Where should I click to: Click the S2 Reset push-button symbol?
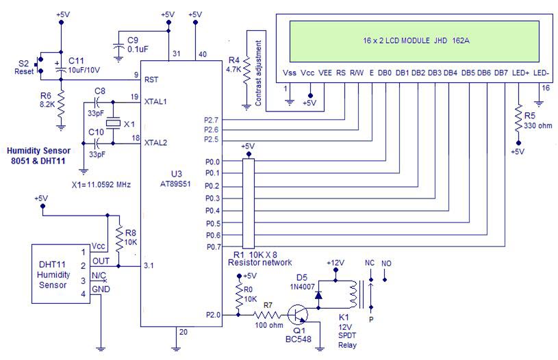click(39, 65)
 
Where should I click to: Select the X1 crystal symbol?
click(113, 123)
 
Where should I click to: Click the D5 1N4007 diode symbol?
click(318, 295)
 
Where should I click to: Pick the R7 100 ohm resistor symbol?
click(268, 315)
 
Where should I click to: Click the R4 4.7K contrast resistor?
click(246, 70)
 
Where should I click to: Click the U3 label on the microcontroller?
click(177, 174)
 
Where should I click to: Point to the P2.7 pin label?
click(211, 120)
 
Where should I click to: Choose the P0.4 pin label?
click(212, 211)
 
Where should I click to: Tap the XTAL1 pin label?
click(155, 101)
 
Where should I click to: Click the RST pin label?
click(151, 79)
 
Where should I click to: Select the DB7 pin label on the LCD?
click(501, 73)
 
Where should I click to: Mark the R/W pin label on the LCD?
click(357, 73)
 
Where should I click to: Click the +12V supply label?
click(335, 263)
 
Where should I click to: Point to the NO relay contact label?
click(386, 263)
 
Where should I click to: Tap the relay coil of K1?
click(353, 294)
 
